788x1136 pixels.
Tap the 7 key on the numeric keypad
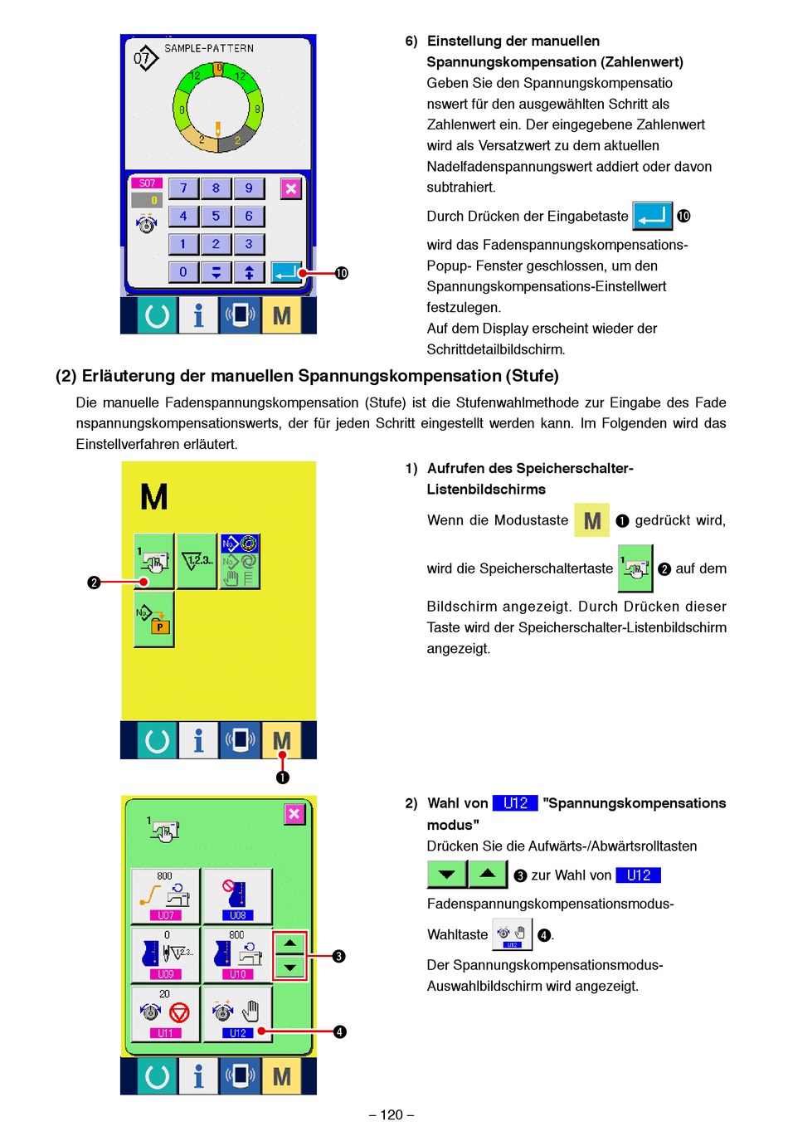click(183, 188)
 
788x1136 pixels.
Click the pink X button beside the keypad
click(290, 188)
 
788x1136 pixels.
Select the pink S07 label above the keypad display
click(147, 183)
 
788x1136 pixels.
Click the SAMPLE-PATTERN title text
click(209, 48)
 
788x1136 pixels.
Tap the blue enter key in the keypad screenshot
click(286, 272)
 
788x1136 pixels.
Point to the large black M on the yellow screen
click(154, 497)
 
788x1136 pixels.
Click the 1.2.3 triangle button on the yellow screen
click(197, 562)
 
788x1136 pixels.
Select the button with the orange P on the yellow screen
click(153, 619)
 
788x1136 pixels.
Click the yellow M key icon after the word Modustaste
click(591, 520)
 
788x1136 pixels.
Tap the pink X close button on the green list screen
click(294, 814)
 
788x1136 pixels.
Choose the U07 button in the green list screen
click(165, 896)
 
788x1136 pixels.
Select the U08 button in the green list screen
click(237, 896)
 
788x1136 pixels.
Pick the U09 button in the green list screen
click(165, 955)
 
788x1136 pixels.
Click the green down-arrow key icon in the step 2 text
click(446, 875)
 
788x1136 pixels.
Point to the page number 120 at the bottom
click(392, 1114)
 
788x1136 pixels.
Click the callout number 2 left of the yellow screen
click(94, 583)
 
